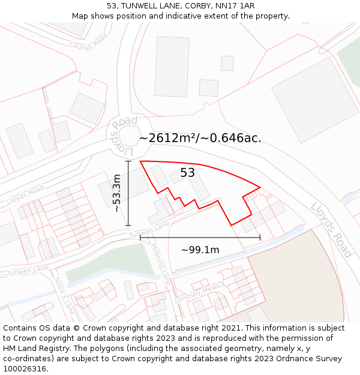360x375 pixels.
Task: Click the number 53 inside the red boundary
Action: tap(188, 173)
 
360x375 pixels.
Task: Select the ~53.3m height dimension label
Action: tap(117, 193)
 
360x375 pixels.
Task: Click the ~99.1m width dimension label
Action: tap(200, 250)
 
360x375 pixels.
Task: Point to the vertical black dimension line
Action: tap(128, 193)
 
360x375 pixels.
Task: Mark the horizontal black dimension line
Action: tap(200, 238)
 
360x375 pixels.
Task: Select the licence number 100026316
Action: tap(25, 368)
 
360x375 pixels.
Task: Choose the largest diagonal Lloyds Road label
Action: tap(331, 229)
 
